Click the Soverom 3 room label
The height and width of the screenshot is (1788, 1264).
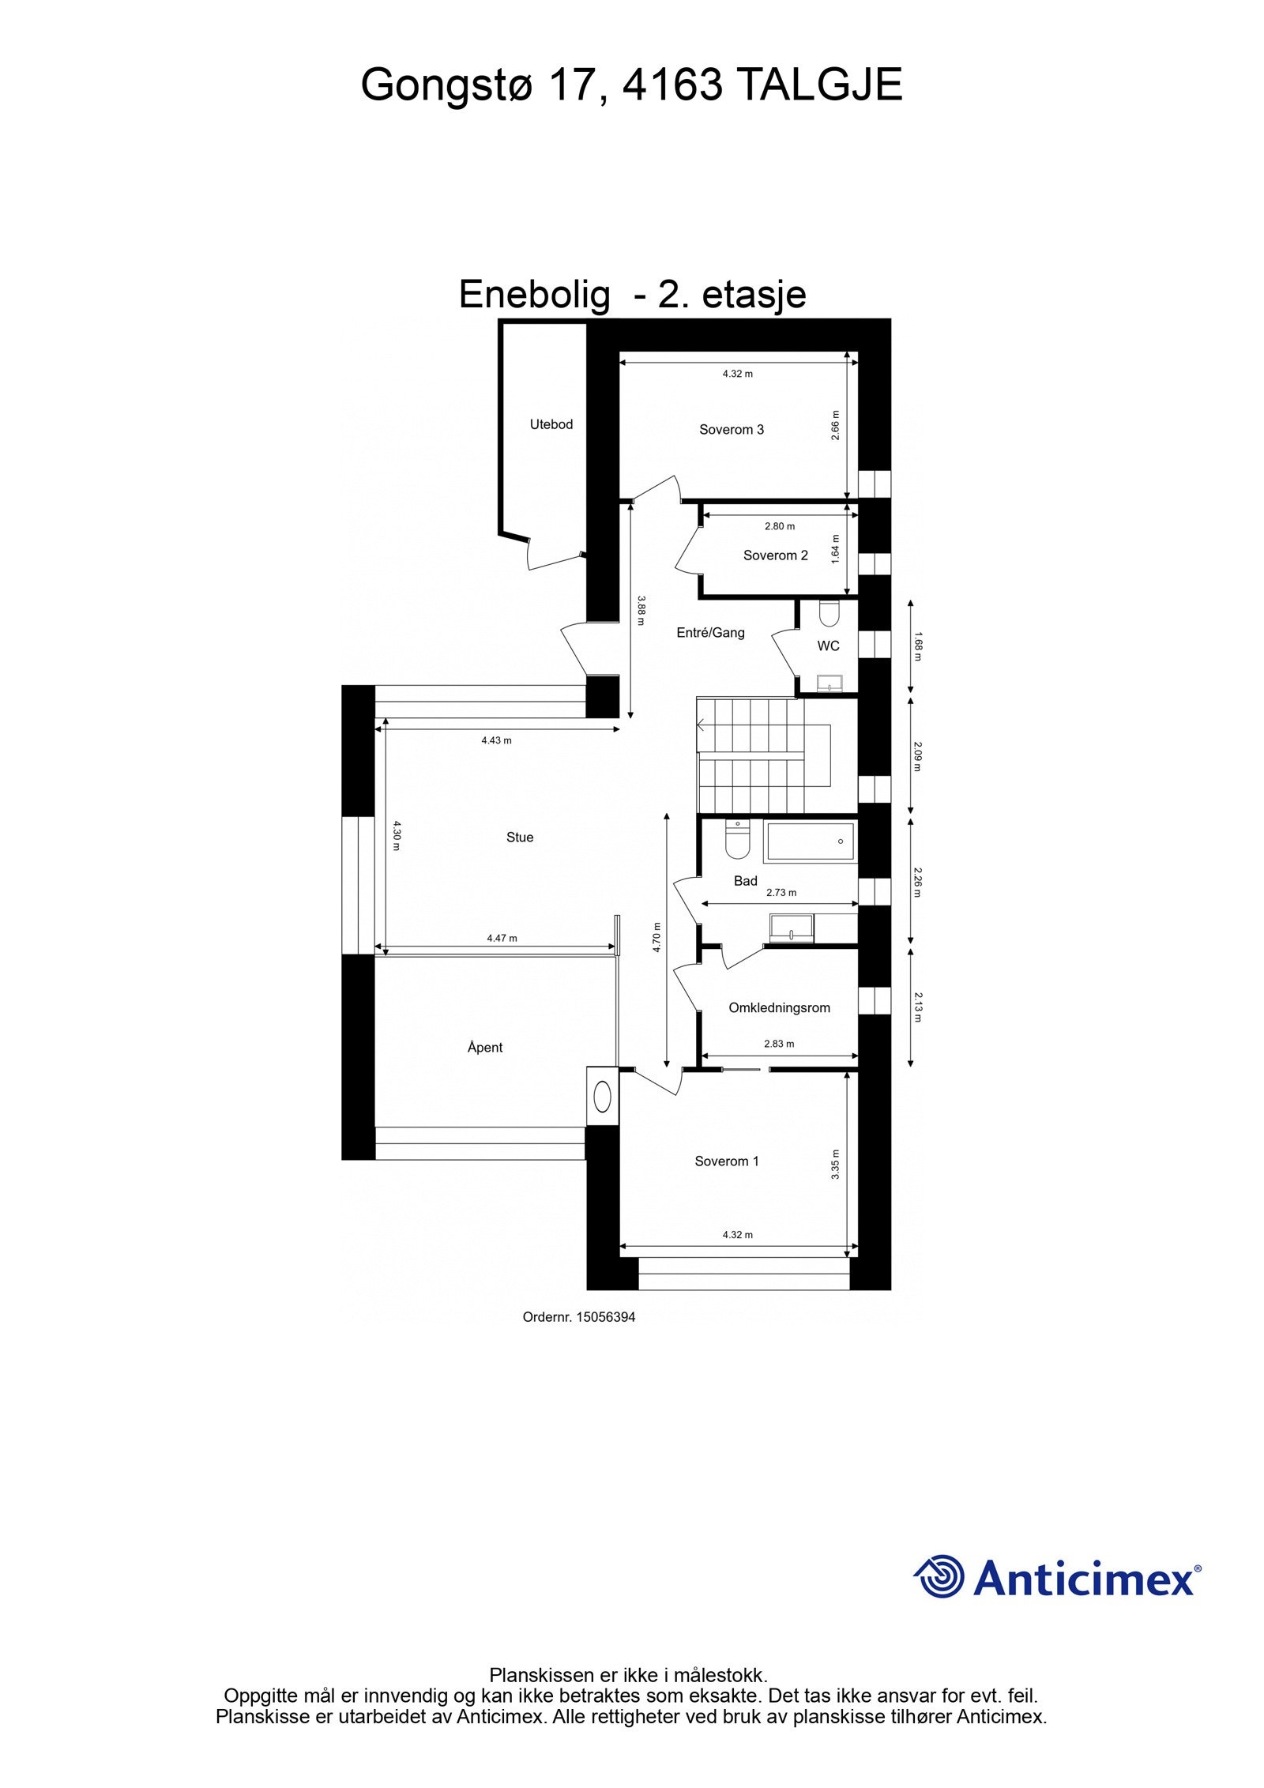click(731, 430)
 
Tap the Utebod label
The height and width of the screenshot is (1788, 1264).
click(551, 424)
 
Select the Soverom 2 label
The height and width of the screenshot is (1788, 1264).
click(775, 555)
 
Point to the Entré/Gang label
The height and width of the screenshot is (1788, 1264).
click(710, 632)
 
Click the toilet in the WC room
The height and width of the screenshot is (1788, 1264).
click(829, 613)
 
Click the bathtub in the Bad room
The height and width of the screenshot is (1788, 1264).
click(809, 841)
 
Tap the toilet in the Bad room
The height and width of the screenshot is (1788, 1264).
click(736, 841)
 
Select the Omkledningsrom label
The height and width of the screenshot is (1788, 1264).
click(779, 1007)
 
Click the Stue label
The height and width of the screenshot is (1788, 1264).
click(520, 838)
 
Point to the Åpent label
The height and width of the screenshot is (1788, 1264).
click(485, 1048)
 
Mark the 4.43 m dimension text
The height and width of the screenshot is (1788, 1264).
click(496, 740)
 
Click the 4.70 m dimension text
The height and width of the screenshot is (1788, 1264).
click(656, 938)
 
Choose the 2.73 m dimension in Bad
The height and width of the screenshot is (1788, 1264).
click(781, 893)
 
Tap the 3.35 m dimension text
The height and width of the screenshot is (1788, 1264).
click(835, 1165)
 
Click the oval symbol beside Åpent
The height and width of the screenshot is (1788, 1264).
click(603, 1096)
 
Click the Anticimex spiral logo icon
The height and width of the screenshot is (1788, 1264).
click(939, 1576)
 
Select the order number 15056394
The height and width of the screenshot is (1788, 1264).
click(605, 1317)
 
